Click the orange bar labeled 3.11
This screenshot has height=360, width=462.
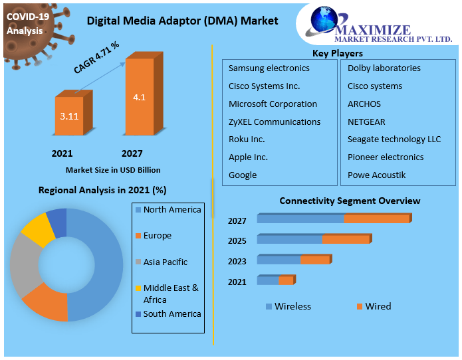tap(69, 116)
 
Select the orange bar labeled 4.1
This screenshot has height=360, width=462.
tap(140, 97)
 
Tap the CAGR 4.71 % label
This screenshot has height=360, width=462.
tap(96, 58)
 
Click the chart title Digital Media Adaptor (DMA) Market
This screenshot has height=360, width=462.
tap(183, 21)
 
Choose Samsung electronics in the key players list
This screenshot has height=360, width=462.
tap(269, 68)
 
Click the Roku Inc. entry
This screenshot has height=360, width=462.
tap(247, 139)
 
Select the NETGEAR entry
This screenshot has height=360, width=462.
tap(366, 122)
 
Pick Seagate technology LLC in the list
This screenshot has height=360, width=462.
tap(394, 139)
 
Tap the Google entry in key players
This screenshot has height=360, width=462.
tap(243, 175)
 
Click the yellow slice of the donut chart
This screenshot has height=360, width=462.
tap(37, 230)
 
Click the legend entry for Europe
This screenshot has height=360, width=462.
tap(157, 236)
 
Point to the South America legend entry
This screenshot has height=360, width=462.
tap(172, 314)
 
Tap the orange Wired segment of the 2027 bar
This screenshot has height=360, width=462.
tap(376, 219)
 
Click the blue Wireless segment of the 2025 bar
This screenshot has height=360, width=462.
tap(289, 240)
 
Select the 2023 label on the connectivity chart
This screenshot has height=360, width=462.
tap(237, 262)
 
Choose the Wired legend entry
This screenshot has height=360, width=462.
tap(378, 306)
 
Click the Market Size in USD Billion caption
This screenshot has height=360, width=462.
tap(113, 170)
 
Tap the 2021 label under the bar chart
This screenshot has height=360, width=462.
tap(62, 153)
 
